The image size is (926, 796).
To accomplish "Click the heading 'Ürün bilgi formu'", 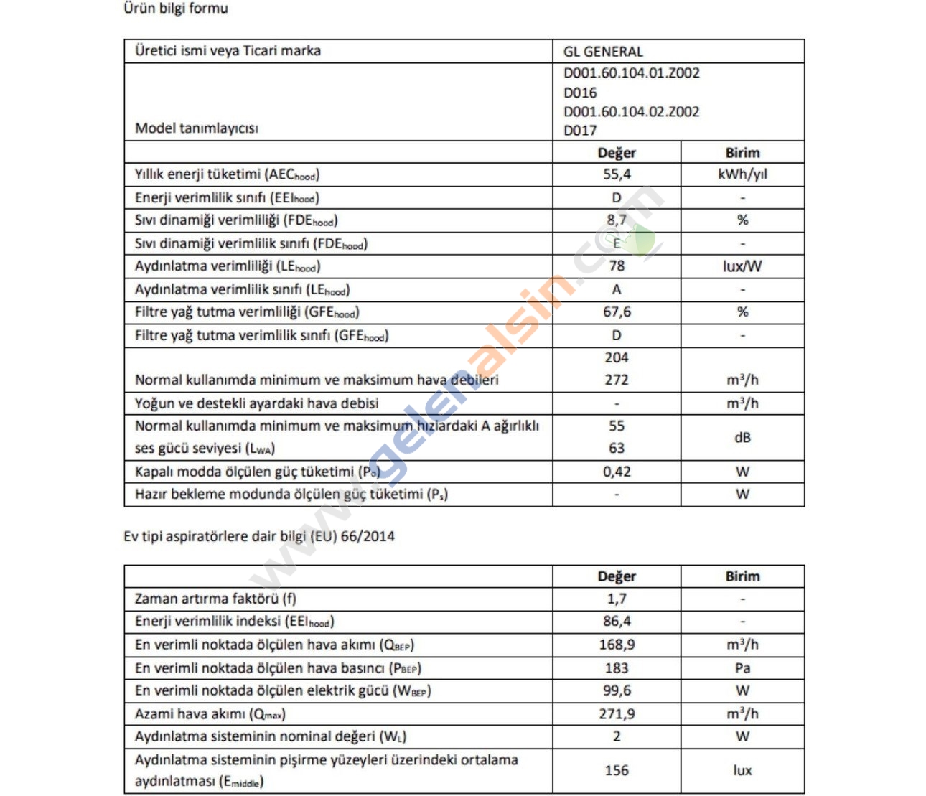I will pyautogui.click(x=176, y=9).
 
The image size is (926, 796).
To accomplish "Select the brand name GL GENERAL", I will pyautogui.click(x=603, y=52).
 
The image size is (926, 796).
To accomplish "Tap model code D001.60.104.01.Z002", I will pyautogui.click(x=631, y=72).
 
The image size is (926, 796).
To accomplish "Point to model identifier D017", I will pyautogui.click(x=580, y=131).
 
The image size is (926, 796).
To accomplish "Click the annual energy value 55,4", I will pyautogui.click(x=616, y=174).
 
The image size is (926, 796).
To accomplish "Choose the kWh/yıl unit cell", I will pyautogui.click(x=742, y=174).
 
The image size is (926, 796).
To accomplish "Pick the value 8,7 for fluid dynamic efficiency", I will pyautogui.click(x=616, y=220).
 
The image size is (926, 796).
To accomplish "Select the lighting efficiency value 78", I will pyautogui.click(x=616, y=266).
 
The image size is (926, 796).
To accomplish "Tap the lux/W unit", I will pyautogui.click(x=742, y=266).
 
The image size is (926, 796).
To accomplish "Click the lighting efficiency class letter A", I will pyautogui.click(x=616, y=289).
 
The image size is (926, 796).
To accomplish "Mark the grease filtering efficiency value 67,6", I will pyautogui.click(x=616, y=312).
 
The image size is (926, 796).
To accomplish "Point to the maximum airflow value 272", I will pyautogui.click(x=616, y=380).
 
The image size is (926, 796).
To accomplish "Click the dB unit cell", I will pyautogui.click(x=742, y=437).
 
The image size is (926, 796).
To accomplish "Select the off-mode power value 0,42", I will pyautogui.click(x=616, y=472).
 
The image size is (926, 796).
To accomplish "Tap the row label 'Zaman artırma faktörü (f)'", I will pyautogui.click(x=215, y=599).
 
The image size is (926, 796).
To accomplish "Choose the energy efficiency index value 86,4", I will pyautogui.click(x=616, y=621).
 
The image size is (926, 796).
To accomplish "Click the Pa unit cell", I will pyautogui.click(x=742, y=668).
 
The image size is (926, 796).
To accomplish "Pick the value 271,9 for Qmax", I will pyautogui.click(x=616, y=713).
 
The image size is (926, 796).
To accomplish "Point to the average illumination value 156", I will pyautogui.click(x=616, y=770).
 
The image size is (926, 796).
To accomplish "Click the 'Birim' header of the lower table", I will pyautogui.click(x=742, y=576).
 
